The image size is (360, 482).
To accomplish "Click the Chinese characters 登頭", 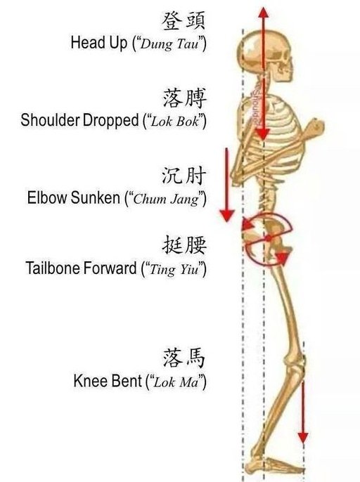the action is pyautogui.click(x=184, y=21).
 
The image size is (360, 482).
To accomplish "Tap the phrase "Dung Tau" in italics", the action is pyautogui.click(x=169, y=44).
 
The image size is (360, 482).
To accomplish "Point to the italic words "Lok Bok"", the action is pyautogui.click(x=175, y=122).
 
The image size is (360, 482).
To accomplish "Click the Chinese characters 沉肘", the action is pyautogui.click(x=184, y=176).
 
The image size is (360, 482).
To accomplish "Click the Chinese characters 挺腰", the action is pyautogui.click(x=184, y=245).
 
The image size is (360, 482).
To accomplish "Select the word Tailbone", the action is pyautogui.click(x=53, y=268).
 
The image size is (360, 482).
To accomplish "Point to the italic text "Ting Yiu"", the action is pyautogui.click(x=174, y=270).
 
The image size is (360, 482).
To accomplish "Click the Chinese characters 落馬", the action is pyautogui.click(x=184, y=358).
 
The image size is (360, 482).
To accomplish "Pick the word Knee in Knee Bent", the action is pyautogui.click(x=89, y=381).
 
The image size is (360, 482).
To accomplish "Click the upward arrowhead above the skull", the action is pyautogui.click(x=263, y=13).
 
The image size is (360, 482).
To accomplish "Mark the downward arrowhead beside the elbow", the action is pyautogui.click(x=227, y=216).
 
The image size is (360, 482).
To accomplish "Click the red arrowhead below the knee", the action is pyautogui.click(x=303, y=437).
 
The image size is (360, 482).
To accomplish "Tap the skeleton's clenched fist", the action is pyautogui.click(x=316, y=126).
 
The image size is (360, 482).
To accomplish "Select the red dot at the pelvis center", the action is pyautogui.click(x=269, y=238).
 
